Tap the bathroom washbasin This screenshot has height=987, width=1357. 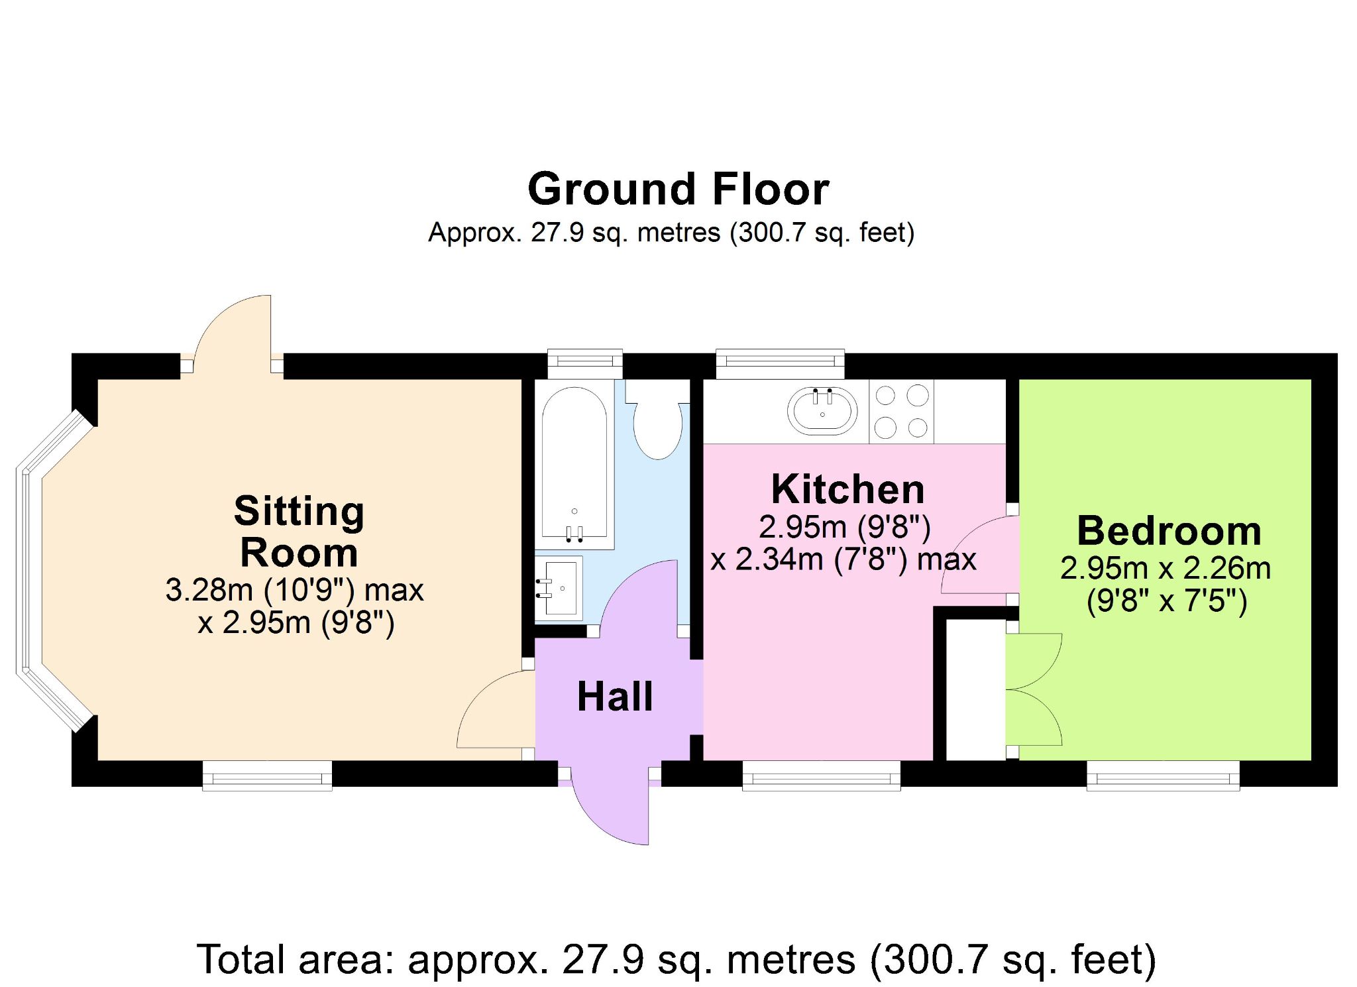click(559, 588)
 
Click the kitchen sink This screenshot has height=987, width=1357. click(822, 411)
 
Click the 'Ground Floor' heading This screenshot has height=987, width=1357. click(678, 190)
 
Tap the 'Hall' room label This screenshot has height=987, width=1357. click(615, 697)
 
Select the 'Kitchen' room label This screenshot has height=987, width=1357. click(848, 489)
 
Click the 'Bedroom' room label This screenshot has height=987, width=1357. click(1169, 531)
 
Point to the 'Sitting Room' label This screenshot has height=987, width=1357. click(299, 532)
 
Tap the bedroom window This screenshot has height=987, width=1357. click(1163, 776)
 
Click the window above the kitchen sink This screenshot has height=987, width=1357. click(781, 363)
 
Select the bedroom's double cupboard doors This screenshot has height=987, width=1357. click(1034, 689)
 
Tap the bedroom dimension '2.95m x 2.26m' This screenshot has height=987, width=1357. click(1166, 569)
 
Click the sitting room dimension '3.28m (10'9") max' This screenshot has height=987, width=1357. click(294, 590)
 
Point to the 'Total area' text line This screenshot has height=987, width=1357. click(677, 959)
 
